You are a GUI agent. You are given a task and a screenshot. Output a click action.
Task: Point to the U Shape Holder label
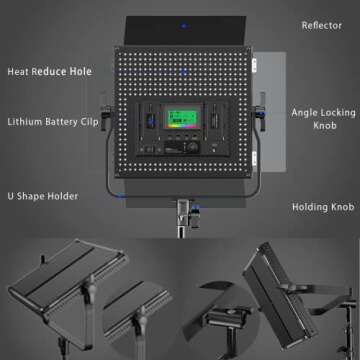tap(42, 196)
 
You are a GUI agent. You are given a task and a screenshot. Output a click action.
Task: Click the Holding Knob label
tap(322, 208)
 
